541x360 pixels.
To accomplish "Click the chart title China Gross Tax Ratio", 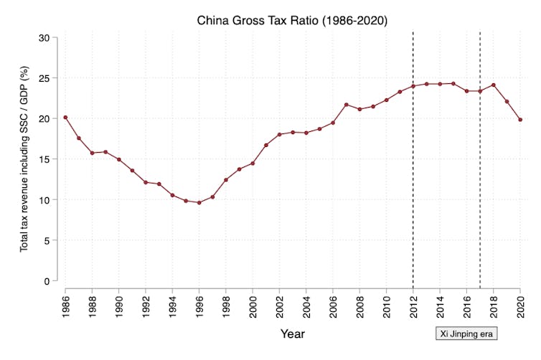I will click(292, 21).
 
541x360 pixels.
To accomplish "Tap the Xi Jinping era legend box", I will click(466, 333).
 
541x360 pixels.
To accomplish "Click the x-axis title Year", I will click(292, 333).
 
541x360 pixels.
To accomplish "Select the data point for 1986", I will click(65, 118).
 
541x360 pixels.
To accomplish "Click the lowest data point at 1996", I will click(199, 202).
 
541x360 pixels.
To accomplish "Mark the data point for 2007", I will click(346, 105).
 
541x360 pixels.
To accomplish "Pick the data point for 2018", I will click(493, 85).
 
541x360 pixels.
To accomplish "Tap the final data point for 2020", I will click(519, 120).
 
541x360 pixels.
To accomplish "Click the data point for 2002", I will click(279, 135).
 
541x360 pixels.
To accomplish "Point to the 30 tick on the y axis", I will click(50, 37).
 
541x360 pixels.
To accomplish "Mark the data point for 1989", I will click(105, 152).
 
